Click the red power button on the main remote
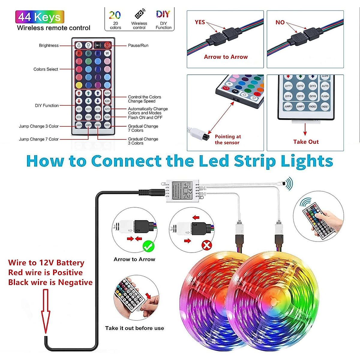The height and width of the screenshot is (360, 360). (x=107, y=45)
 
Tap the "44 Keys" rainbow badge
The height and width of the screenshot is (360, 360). (x=40, y=17)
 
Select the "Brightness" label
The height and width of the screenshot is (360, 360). (x=49, y=46)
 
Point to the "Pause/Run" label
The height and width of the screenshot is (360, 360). (x=138, y=46)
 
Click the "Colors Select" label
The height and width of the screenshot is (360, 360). (x=46, y=69)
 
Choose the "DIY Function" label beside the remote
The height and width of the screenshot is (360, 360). (x=46, y=106)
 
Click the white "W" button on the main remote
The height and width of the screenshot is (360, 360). (x=107, y=53)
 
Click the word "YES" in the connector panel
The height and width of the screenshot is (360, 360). (x=200, y=22)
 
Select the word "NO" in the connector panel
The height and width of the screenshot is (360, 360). (x=280, y=22)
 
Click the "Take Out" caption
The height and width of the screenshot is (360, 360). (x=306, y=142)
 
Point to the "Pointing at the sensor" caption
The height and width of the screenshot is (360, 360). (x=228, y=139)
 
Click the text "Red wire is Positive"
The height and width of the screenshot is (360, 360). (x=45, y=272)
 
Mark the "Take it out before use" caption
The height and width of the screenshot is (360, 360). (x=134, y=328)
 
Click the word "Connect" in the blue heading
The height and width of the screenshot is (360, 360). (x=126, y=161)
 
